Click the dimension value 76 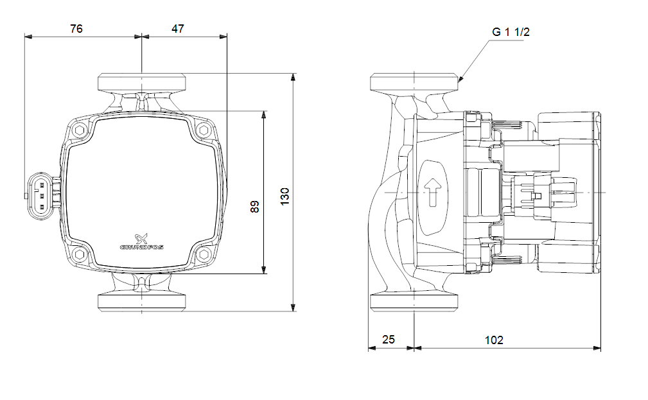(x=76, y=28)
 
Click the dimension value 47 (x=178, y=28)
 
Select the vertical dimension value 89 (x=255, y=207)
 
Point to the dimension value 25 (x=389, y=340)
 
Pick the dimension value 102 (x=494, y=340)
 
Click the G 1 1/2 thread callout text (x=511, y=31)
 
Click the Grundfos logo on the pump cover (x=141, y=241)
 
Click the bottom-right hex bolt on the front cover (x=204, y=255)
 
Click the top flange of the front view (x=142, y=82)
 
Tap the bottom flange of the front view (x=142, y=302)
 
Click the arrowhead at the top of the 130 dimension (x=293, y=77)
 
